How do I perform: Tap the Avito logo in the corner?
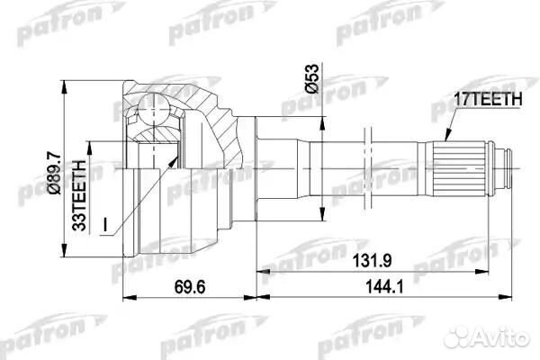500,337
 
